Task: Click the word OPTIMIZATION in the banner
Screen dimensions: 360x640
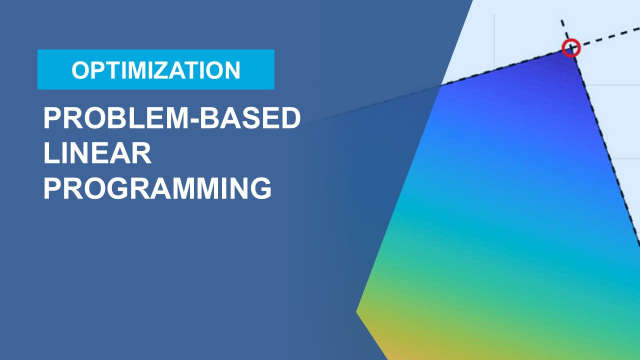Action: [155, 70]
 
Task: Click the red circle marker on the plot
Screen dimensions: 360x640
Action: [571, 47]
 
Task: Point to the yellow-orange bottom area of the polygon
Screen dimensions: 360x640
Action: [400, 335]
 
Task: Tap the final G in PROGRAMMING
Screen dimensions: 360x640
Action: [260, 188]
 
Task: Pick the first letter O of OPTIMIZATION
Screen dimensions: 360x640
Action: [80, 70]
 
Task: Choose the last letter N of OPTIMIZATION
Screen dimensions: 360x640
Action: [232, 70]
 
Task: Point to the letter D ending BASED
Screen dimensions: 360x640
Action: [290, 119]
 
